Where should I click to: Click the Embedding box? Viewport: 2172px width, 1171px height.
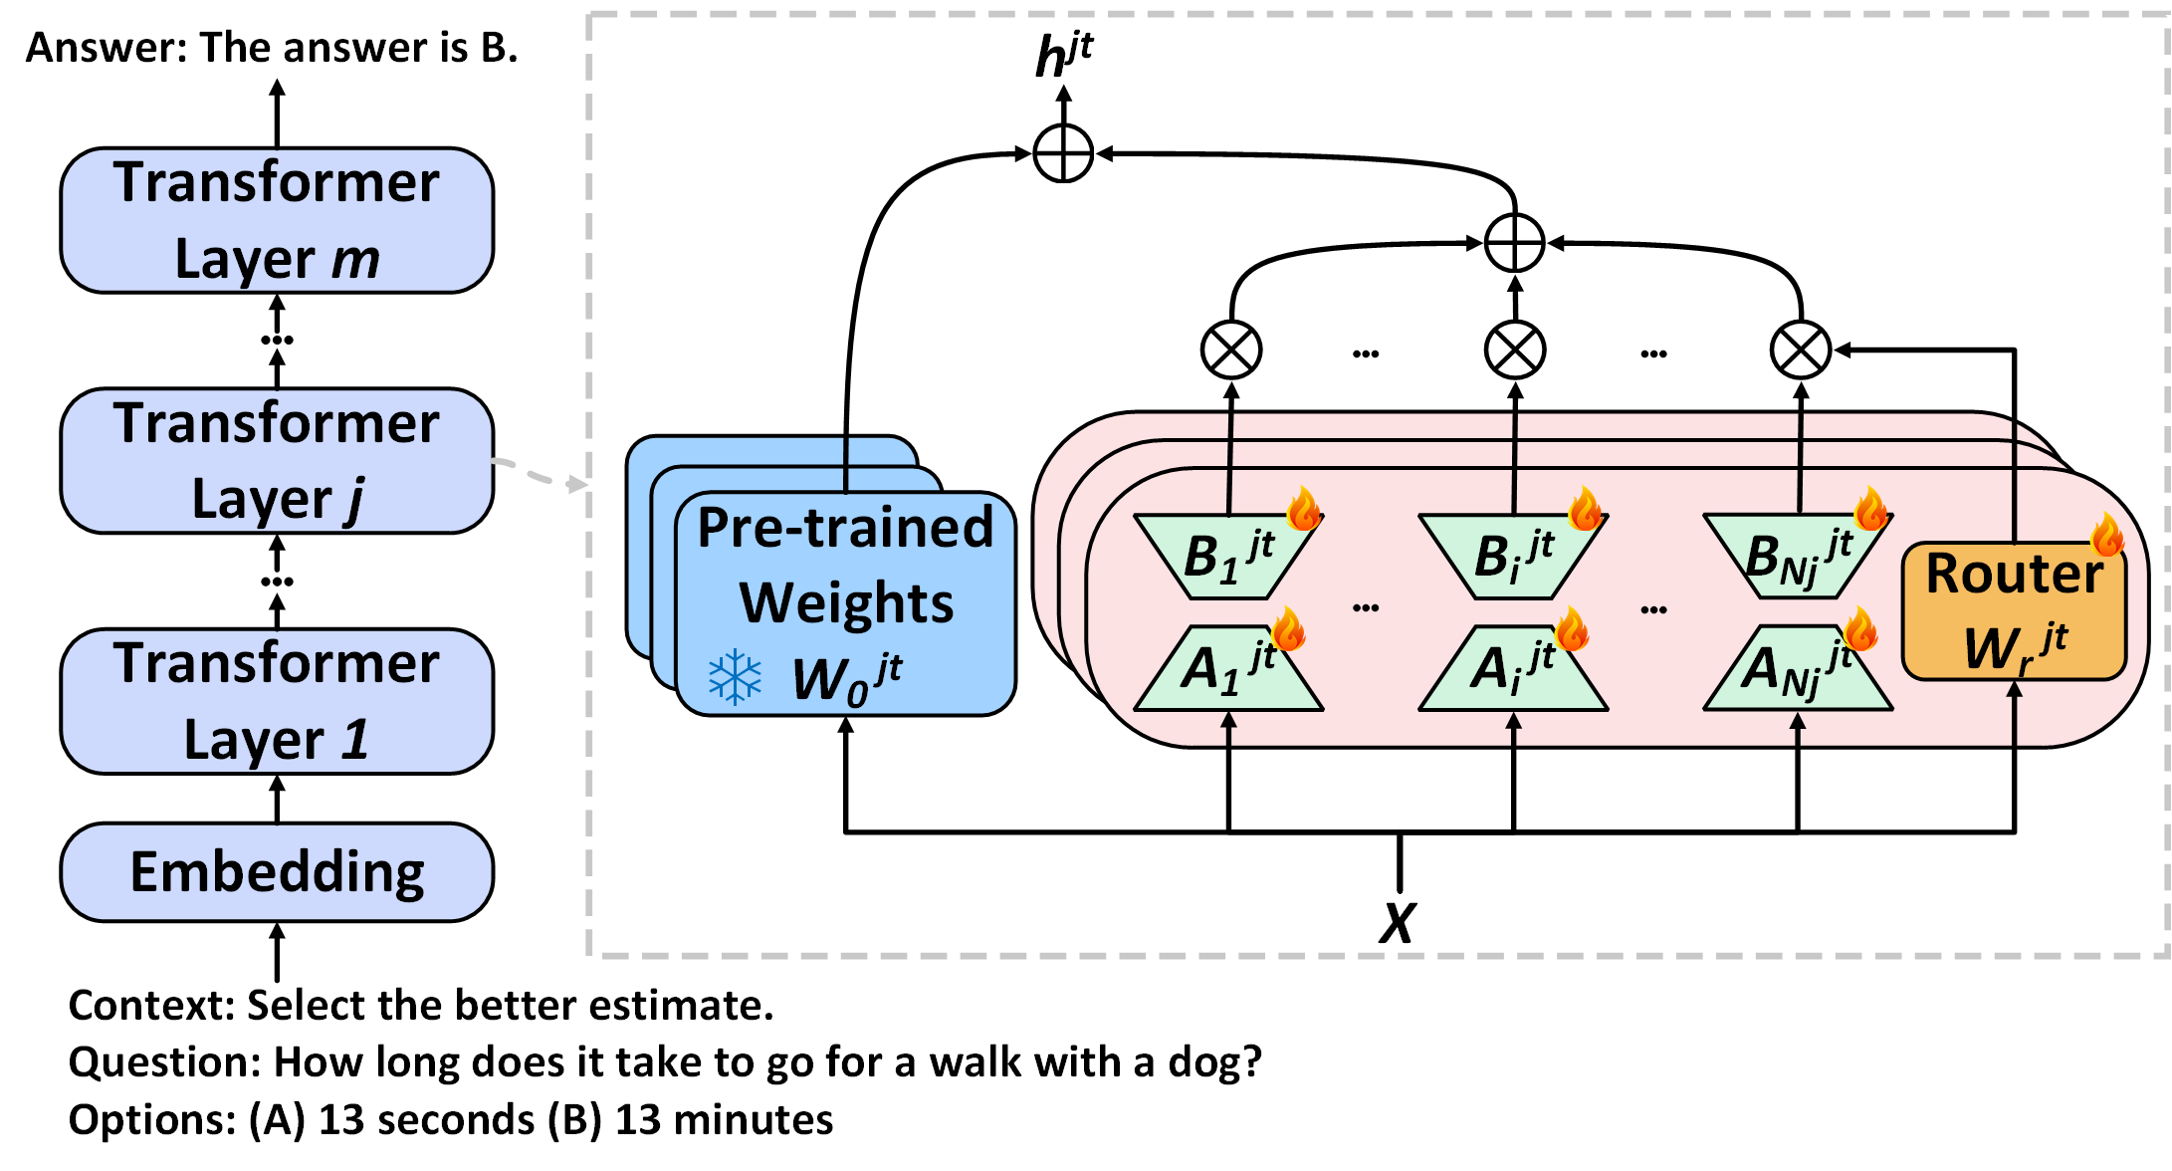277,872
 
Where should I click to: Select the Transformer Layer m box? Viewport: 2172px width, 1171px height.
277,220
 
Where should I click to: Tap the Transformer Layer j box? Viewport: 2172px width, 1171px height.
277,461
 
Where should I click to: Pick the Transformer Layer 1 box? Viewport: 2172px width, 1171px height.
277,701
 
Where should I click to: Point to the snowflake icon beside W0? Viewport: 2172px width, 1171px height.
735,678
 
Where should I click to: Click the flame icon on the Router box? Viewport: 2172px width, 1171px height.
2106,536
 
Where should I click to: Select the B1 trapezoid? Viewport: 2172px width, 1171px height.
1228,556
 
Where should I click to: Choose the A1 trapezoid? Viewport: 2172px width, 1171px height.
1228,668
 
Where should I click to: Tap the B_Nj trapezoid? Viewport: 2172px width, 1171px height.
1798,556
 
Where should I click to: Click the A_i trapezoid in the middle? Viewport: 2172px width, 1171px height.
1513,668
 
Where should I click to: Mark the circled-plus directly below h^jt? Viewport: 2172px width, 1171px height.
1063,154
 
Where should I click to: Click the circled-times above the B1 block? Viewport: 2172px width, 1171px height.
1231,351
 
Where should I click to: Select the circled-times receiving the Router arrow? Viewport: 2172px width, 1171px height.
1800,351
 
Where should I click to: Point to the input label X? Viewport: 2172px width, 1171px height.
1398,923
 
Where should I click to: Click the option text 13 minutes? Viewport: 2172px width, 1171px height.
724,1120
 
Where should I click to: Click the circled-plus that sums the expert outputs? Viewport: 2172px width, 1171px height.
1514,243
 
